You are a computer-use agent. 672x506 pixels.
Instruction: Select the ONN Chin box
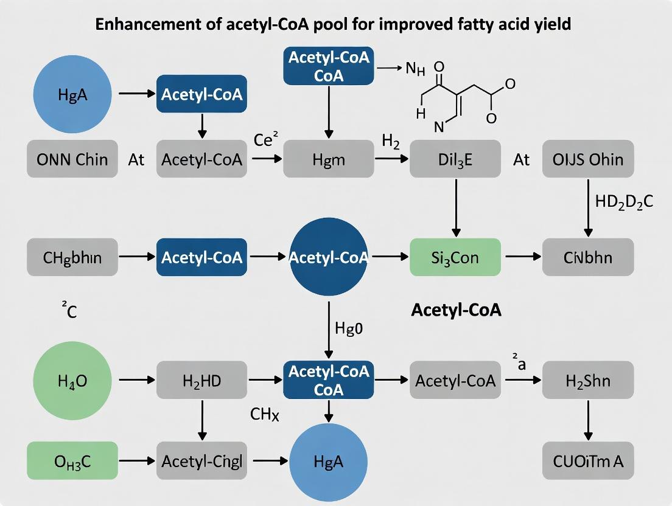tap(72, 159)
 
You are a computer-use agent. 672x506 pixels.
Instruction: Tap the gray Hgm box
tap(328, 159)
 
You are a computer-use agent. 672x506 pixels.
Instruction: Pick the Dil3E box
tap(455, 159)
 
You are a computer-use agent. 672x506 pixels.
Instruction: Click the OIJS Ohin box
tap(587, 159)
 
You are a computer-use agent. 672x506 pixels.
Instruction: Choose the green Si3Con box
tap(455, 257)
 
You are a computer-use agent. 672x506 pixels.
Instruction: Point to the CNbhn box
tap(587, 257)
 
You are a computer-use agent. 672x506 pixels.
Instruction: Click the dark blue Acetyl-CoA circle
tap(329, 257)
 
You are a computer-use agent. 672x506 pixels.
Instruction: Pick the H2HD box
tap(201, 381)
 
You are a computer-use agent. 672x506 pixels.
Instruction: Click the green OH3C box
tap(72, 461)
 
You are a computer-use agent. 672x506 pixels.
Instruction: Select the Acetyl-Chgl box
tap(201, 461)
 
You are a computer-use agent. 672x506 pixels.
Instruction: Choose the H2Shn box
tap(587, 381)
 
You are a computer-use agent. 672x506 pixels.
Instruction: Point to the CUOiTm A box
tap(587, 461)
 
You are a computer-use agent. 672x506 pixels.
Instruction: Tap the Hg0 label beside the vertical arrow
tap(349, 328)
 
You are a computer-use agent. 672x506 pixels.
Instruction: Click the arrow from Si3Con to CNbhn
tap(522, 257)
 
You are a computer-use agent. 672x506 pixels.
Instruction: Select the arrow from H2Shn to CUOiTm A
tap(588, 421)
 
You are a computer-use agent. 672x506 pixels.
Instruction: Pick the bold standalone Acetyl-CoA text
tap(456, 310)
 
